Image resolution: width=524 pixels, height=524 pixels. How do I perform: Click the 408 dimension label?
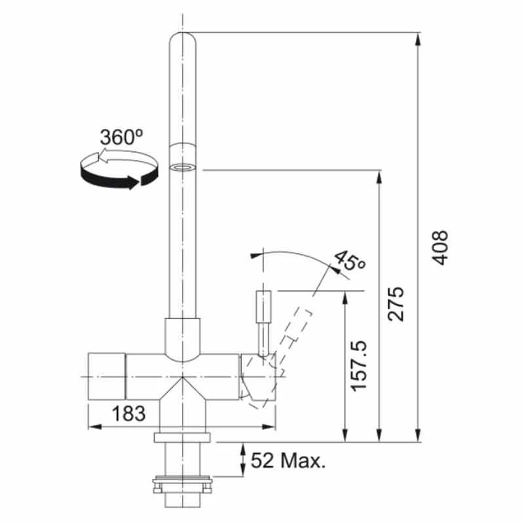click(x=441, y=247)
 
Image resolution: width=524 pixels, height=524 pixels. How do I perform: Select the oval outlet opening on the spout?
click(x=183, y=168)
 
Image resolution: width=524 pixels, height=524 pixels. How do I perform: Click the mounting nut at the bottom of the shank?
click(x=183, y=485)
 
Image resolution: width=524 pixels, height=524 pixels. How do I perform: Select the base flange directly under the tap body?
click(x=183, y=437)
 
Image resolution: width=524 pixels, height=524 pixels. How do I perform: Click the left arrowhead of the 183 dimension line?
click(x=92, y=427)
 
